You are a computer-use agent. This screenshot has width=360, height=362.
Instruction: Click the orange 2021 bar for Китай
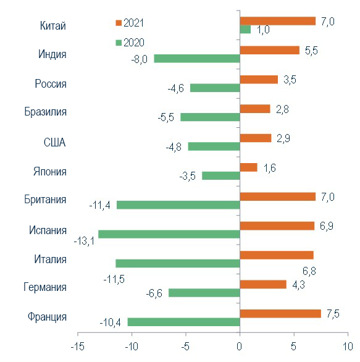(x=277, y=21)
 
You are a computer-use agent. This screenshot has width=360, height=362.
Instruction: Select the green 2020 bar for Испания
(x=169, y=234)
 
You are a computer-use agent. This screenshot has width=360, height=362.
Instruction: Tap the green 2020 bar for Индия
(x=196, y=58)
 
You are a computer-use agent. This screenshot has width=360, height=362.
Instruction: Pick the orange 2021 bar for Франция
(x=280, y=313)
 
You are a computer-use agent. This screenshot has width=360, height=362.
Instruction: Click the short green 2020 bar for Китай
(x=245, y=29)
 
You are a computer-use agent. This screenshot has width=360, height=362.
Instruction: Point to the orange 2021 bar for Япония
(x=248, y=167)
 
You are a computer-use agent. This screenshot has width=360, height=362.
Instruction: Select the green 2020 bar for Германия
(x=204, y=292)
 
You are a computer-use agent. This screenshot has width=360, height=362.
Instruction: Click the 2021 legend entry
(x=130, y=23)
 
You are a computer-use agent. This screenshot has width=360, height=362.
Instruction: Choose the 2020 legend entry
(x=130, y=43)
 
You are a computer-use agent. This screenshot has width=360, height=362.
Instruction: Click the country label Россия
(x=51, y=83)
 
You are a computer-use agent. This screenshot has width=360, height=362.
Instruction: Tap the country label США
(x=54, y=142)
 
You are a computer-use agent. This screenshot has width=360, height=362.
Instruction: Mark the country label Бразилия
(x=47, y=112)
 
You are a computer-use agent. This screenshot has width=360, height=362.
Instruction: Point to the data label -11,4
(x=99, y=205)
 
